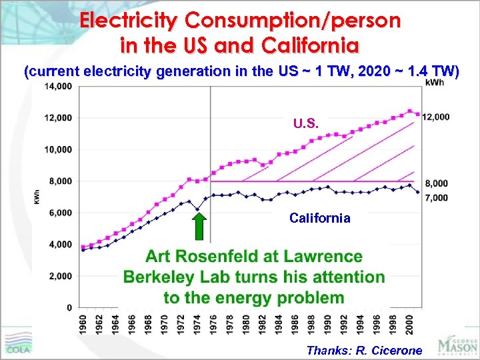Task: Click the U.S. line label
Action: [306, 123]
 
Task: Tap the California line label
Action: [319, 218]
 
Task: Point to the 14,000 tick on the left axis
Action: [58, 86]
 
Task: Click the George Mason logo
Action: [457, 345]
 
